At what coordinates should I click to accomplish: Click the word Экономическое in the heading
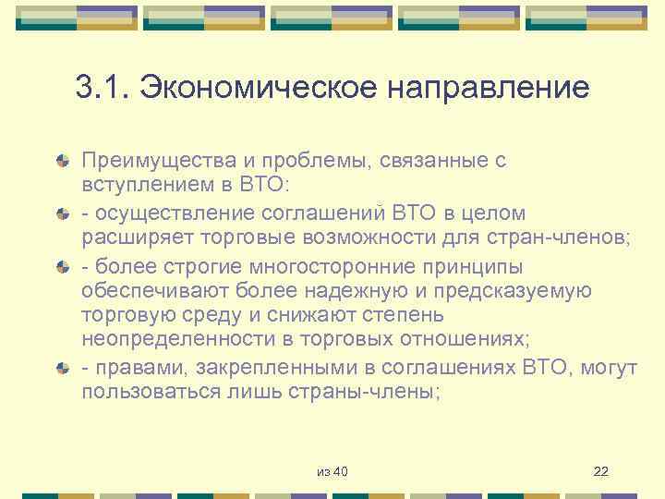click(252, 89)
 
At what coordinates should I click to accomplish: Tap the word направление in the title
click(490, 89)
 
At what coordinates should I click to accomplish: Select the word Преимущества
click(149, 160)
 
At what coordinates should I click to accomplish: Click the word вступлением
click(140, 185)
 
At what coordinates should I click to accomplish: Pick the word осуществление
click(165, 214)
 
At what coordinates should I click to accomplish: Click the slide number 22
click(601, 472)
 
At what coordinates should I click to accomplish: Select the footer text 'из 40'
click(332, 472)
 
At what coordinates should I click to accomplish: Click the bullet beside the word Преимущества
click(61, 161)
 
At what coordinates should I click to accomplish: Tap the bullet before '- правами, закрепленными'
click(61, 368)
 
